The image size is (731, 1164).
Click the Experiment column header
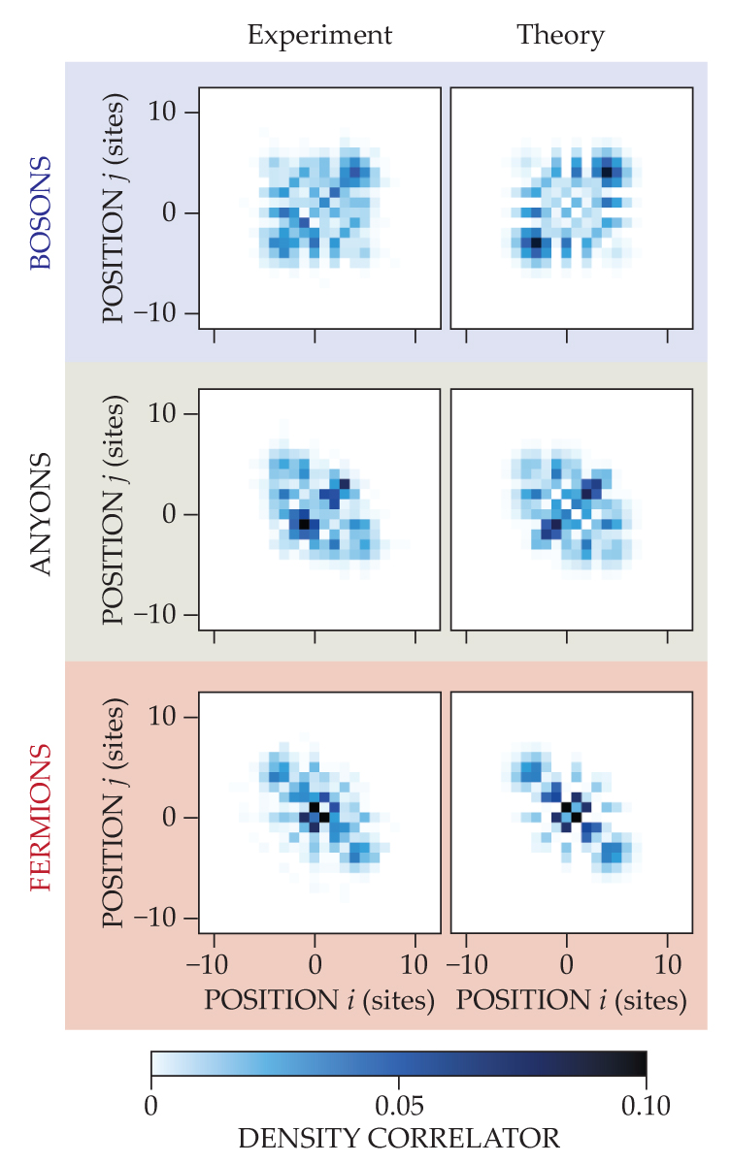pyautogui.click(x=319, y=37)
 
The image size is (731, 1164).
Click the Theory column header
pyautogui.click(x=560, y=37)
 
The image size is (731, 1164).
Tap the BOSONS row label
pyautogui.click(x=40, y=213)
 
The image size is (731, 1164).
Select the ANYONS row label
pyautogui.click(x=40, y=515)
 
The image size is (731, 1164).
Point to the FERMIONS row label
pyautogui.click(x=40, y=818)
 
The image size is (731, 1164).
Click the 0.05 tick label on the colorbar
pyautogui.click(x=398, y=1104)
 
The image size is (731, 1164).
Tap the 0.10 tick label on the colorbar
pyautogui.click(x=646, y=1104)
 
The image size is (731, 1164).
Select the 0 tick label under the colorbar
pyautogui.click(x=151, y=1104)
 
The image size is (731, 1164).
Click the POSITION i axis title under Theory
pyautogui.click(x=571, y=1000)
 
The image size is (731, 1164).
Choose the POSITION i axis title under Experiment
pyautogui.click(x=318, y=1000)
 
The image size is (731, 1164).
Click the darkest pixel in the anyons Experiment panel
pyautogui.click(x=304, y=524)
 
